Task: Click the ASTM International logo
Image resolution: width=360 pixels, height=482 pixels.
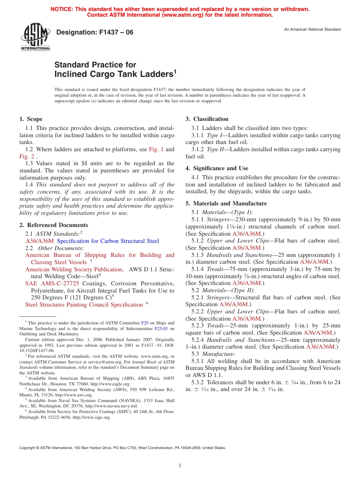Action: point(35,37)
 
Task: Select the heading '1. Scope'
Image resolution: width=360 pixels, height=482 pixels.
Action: point(31,119)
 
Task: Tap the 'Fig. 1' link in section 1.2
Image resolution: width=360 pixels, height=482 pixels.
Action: point(156,149)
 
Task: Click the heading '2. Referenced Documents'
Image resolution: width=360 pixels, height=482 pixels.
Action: point(54,225)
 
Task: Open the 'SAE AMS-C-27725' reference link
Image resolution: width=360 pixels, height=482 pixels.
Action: point(52,283)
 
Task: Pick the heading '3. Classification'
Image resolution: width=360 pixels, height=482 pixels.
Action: point(207,119)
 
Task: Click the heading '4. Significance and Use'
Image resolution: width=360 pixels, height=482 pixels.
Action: point(217,168)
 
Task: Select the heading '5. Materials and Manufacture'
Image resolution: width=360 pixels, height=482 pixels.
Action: point(226,203)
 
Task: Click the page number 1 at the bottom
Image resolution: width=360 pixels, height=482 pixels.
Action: point(180,466)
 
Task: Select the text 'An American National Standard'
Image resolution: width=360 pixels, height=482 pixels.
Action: point(312,30)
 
